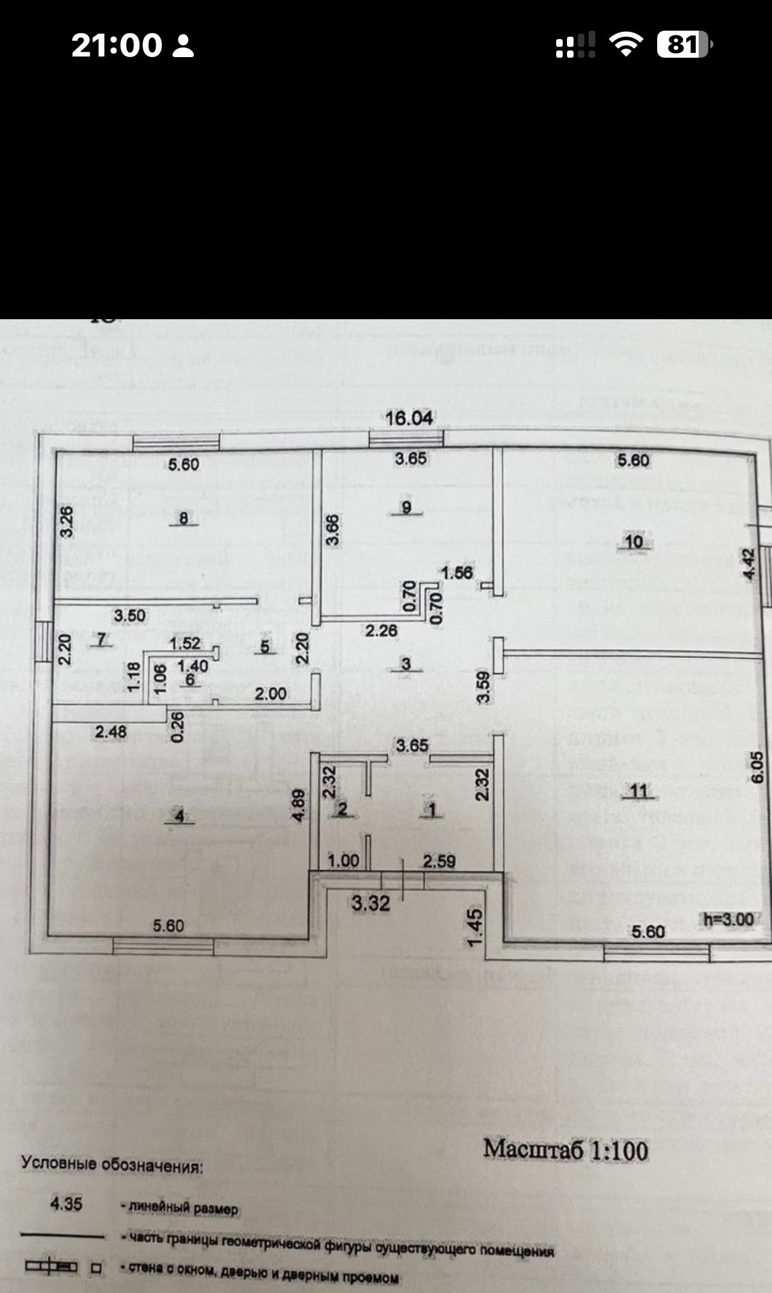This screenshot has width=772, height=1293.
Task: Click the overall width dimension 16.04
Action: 409,418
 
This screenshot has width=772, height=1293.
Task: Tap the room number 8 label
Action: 184,518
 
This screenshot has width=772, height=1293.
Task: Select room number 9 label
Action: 406,508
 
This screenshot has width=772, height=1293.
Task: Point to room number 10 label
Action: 634,542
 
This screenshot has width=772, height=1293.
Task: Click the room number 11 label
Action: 639,792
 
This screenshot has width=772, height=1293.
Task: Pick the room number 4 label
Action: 179,816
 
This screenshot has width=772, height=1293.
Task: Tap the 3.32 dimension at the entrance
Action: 371,903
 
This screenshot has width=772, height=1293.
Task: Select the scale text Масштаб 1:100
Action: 566,1149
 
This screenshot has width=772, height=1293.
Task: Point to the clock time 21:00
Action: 117,46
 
